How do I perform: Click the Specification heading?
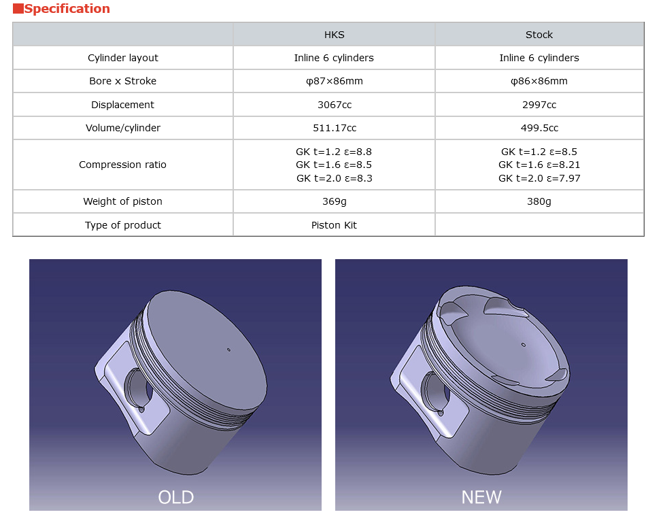pyautogui.click(x=67, y=9)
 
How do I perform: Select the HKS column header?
pyautogui.click(x=334, y=35)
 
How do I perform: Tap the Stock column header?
pyautogui.click(x=539, y=35)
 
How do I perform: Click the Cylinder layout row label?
pyautogui.click(x=123, y=58)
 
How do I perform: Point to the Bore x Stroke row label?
pyautogui.click(x=123, y=81)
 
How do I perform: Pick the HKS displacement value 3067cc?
pyautogui.click(x=334, y=105)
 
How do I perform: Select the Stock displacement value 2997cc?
pyautogui.click(x=539, y=105)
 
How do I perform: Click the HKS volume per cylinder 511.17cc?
pyautogui.click(x=334, y=128)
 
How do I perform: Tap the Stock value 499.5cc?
pyautogui.click(x=539, y=128)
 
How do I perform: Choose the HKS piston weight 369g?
pyautogui.click(x=334, y=201)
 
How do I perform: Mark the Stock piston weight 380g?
pyautogui.click(x=539, y=201)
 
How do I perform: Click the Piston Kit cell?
pyautogui.click(x=334, y=225)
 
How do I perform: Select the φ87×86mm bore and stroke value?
pyautogui.click(x=334, y=81)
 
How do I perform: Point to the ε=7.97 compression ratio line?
pyautogui.click(x=539, y=178)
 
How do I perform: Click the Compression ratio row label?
pyautogui.click(x=122, y=165)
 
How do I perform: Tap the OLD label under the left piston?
pyautogui.click(x=175, y=497)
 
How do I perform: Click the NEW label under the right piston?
pyautogui.click(x=481, y=497)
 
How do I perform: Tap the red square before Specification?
pyautogui.click(x=18, y=9)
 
